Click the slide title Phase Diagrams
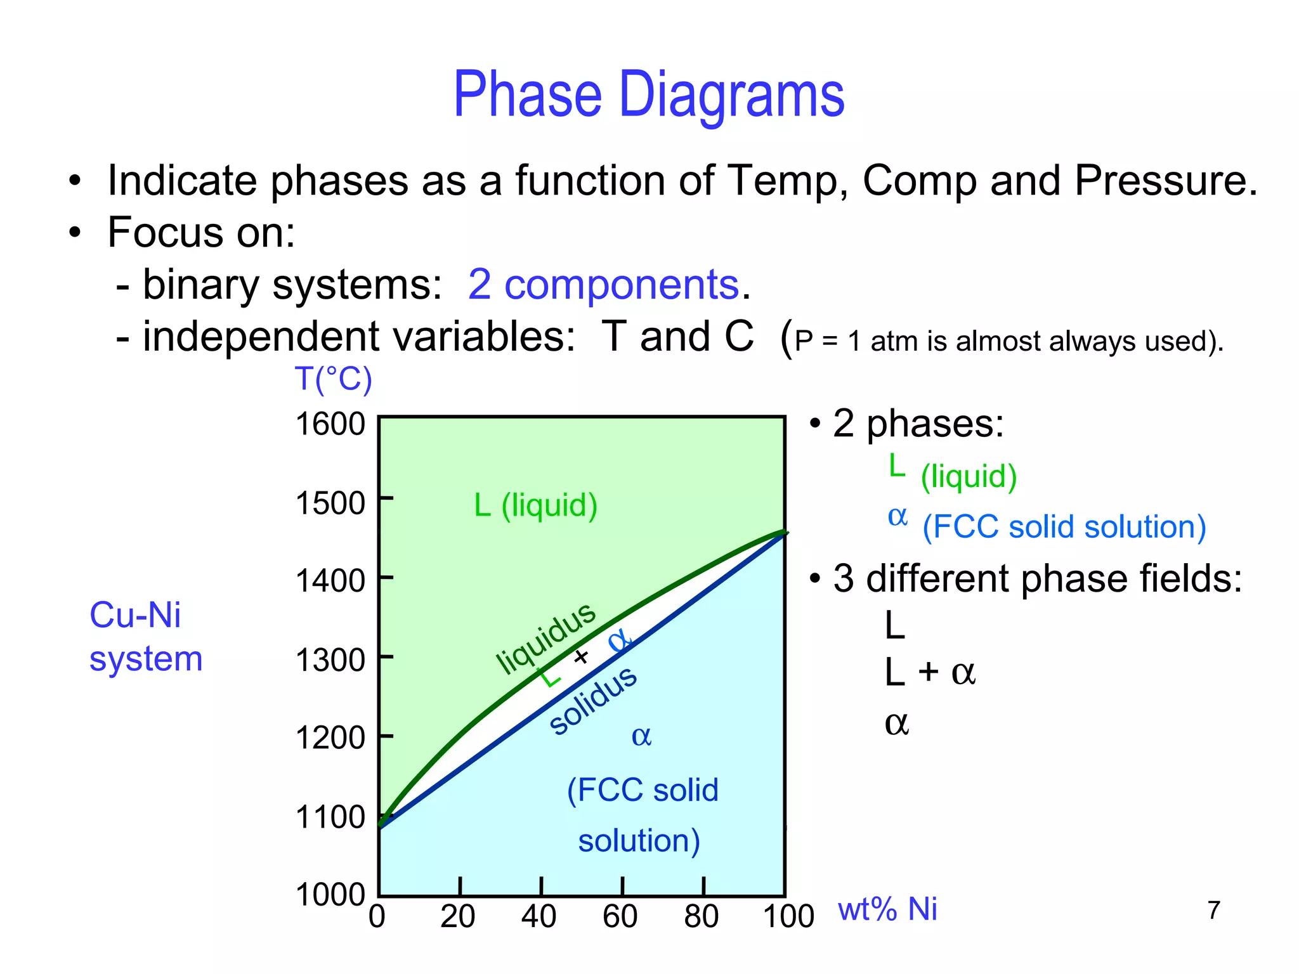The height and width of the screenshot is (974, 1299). click(649, 95)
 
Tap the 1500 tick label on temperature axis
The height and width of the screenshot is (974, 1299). click(330, 503)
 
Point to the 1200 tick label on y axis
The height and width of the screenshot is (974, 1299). click(330, 737)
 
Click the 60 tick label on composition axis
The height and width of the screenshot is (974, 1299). click(620, 916)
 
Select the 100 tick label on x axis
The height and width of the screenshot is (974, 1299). click(788, 916)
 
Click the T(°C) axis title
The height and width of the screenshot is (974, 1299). click(333, 379)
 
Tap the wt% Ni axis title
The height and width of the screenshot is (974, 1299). click(887, 909)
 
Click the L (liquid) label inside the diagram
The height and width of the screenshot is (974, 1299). click(536, 505)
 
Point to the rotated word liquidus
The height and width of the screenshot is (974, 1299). click(545, 637)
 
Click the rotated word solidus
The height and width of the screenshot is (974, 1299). click(593, 701)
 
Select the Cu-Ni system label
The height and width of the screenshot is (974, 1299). click(145, 637)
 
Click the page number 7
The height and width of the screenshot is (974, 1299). click(1213, 910)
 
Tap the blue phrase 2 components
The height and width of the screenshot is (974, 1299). click(603, 284)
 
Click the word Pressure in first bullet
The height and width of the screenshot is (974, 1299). click(1165, 181)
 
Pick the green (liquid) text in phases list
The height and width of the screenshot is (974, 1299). click(969, 476)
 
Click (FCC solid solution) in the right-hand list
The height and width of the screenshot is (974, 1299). click(1064, 527)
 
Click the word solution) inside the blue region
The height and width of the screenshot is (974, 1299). click(639, 841)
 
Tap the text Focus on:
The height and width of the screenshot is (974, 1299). click(201, 232)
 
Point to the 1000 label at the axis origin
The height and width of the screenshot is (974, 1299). click(330, 895)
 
